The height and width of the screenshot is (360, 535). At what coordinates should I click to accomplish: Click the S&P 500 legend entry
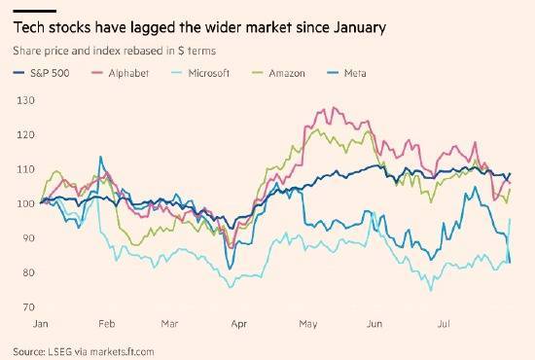click(x=41, y=73)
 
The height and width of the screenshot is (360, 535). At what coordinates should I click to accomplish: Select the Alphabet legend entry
click(x=121, y=73)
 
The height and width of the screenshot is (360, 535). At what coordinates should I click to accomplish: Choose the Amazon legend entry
click(x=278, y=73)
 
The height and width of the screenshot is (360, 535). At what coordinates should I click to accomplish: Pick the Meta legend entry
click(x=346, y=73)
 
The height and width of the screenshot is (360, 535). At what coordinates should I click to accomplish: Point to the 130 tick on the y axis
click(x=26, y=100)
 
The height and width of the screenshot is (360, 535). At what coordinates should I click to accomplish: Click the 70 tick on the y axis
click(x=29, y=307)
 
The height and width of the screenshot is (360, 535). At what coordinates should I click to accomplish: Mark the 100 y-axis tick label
click(x=26, y=203)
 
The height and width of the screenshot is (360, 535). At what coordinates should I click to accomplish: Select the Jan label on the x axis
click(x=40, y=323)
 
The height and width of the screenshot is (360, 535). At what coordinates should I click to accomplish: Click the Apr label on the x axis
click(x=239, y=323)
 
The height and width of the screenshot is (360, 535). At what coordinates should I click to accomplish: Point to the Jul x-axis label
click(x=444, y=323)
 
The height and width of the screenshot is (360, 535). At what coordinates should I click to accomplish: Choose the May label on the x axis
click(x=308, y=323)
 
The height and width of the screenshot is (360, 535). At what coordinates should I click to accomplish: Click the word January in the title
click(x=360, y=28)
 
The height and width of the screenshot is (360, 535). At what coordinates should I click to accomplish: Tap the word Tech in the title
click(x=28, y=27)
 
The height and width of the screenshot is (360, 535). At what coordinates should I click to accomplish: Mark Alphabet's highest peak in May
click(x=334, y=107)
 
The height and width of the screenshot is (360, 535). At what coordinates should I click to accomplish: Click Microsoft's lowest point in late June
click(x=431, y=291)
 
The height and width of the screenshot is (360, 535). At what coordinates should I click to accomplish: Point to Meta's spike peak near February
click(x=100, y=157)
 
